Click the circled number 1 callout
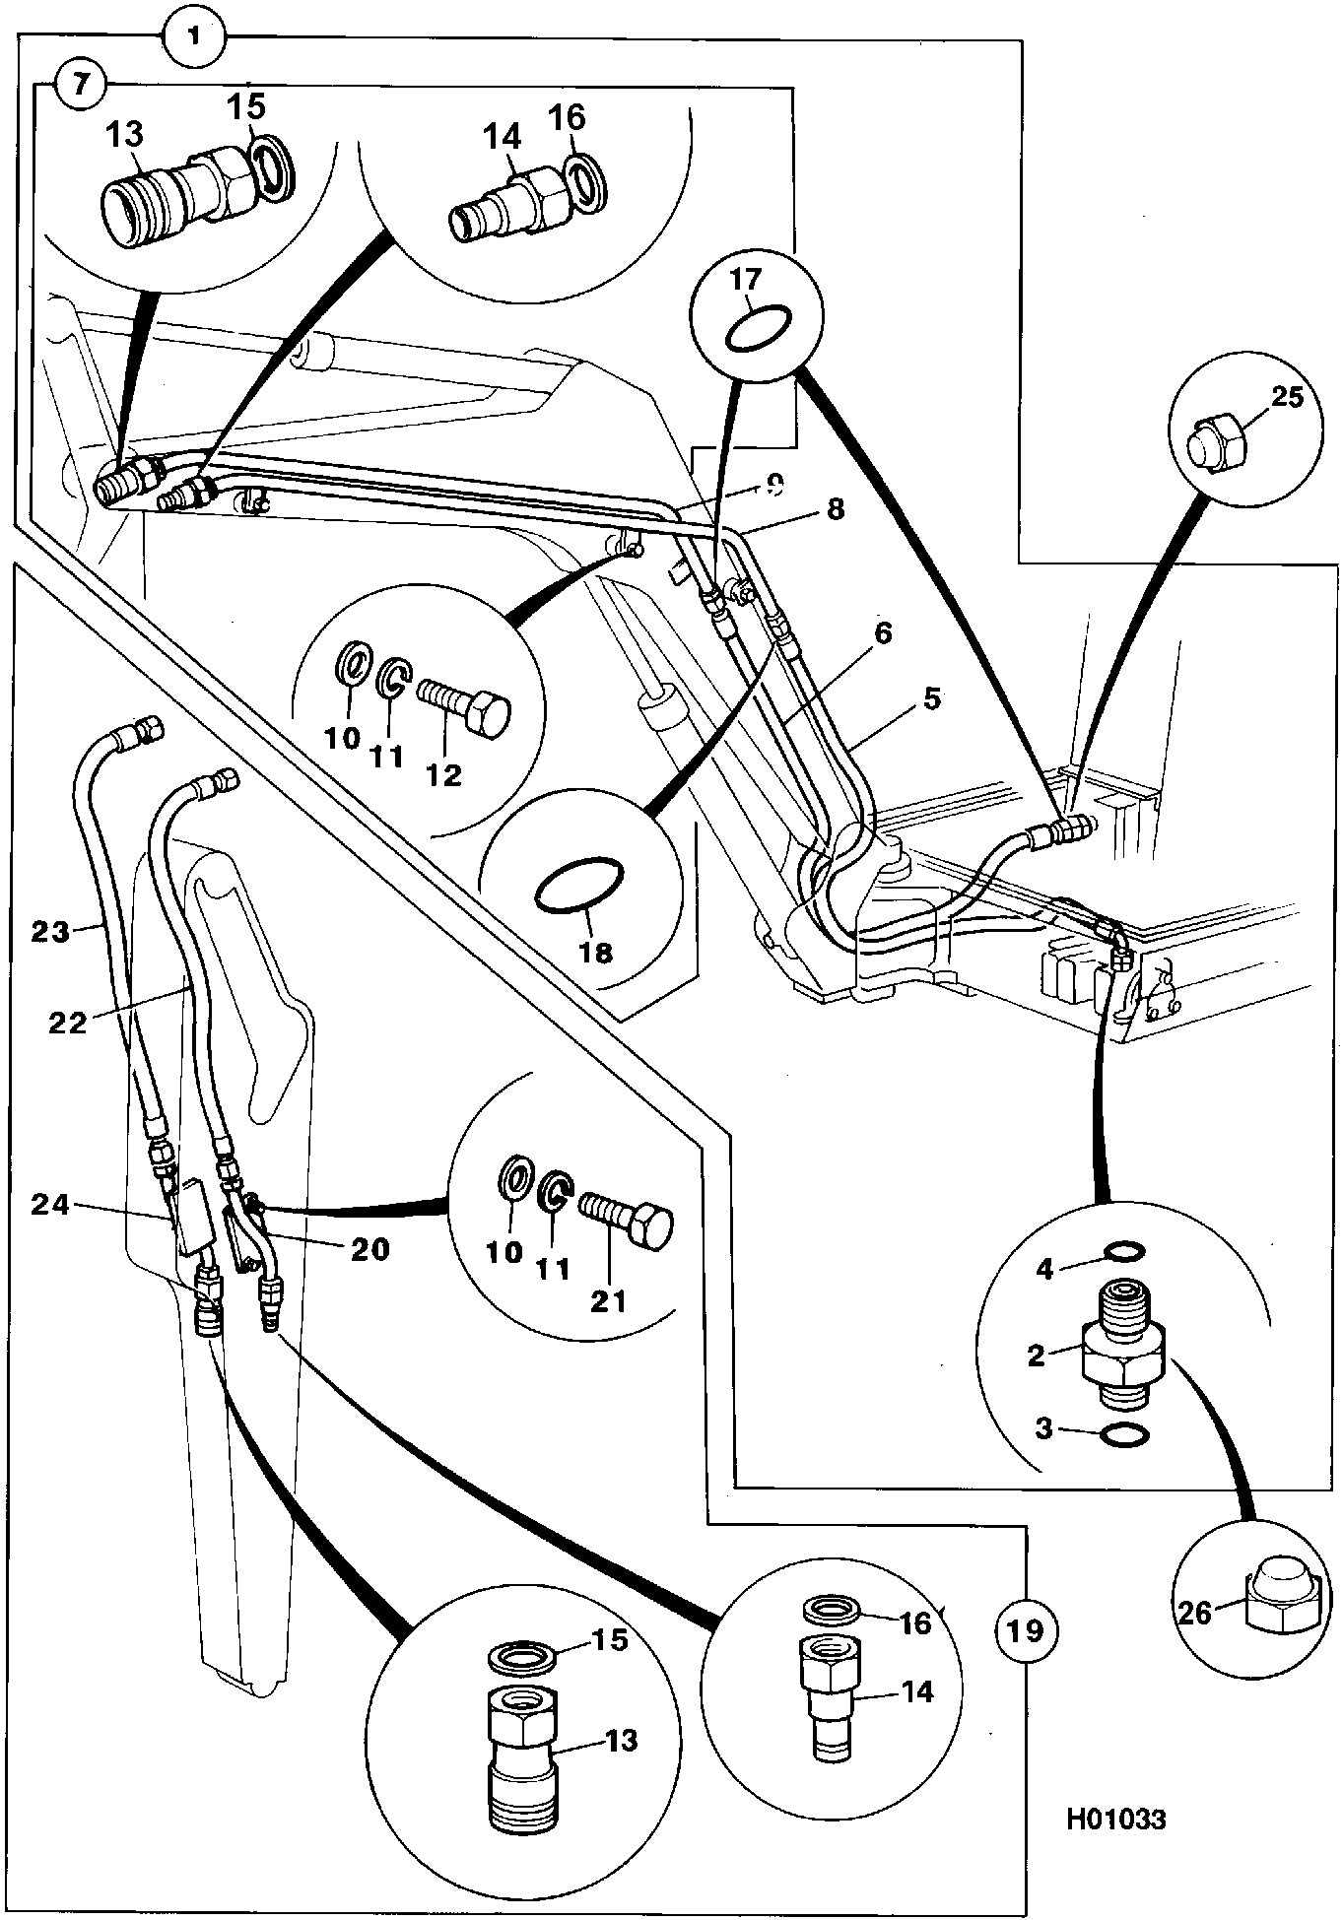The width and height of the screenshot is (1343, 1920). (194, 37)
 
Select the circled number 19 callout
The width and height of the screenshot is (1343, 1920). (1026, 1631)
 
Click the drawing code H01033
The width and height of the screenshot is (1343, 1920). (1114, 1819)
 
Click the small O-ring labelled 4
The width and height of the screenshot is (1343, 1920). (1124, 1251)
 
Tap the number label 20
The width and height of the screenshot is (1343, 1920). (370, 1249)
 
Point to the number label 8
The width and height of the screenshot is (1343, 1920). (835, 510)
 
